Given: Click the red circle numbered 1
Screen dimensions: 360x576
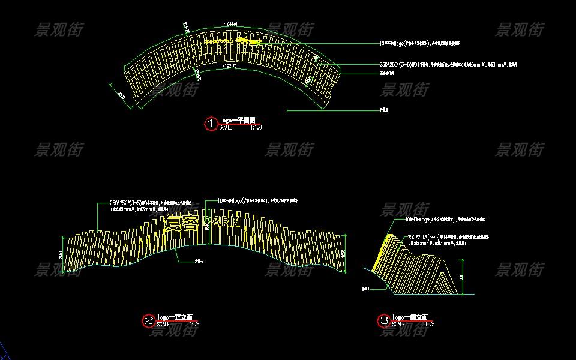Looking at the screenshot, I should click(x=211, y=124).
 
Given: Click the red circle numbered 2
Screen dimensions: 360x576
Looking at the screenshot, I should click(x=148, y=321).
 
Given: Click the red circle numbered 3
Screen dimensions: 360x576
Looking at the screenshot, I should click(x=384, y=321).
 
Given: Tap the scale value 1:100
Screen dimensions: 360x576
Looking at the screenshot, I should click(x=256, y=127).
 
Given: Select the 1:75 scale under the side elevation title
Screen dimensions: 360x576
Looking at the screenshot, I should click(x=429, y=325).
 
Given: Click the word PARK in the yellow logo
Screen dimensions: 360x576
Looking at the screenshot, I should click(x=221, y=223).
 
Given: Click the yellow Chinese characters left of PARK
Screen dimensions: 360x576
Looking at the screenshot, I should click(x=181, y=223).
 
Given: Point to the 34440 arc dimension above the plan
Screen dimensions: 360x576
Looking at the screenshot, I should click(x=230, y=25).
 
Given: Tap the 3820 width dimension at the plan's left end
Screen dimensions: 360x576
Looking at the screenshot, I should click(x=121, y=96).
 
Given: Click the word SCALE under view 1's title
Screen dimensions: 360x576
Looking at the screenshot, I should click(x=226, y=127).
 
